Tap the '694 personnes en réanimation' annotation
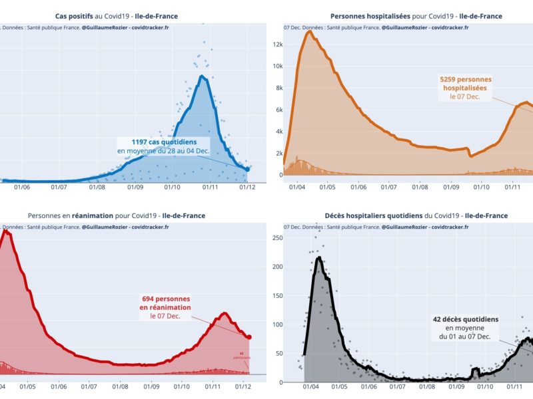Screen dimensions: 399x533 point(165,307)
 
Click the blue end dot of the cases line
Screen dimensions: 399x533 point(248,169)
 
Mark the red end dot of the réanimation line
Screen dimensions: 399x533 point(249,337)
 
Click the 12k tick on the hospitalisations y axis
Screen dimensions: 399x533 point(277,45)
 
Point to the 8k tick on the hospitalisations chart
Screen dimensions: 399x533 point(278,88)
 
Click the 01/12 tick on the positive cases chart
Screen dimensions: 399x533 point(247,188)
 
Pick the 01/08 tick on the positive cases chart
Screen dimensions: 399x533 point(97,188)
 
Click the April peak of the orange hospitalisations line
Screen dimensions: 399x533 point(309,31)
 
